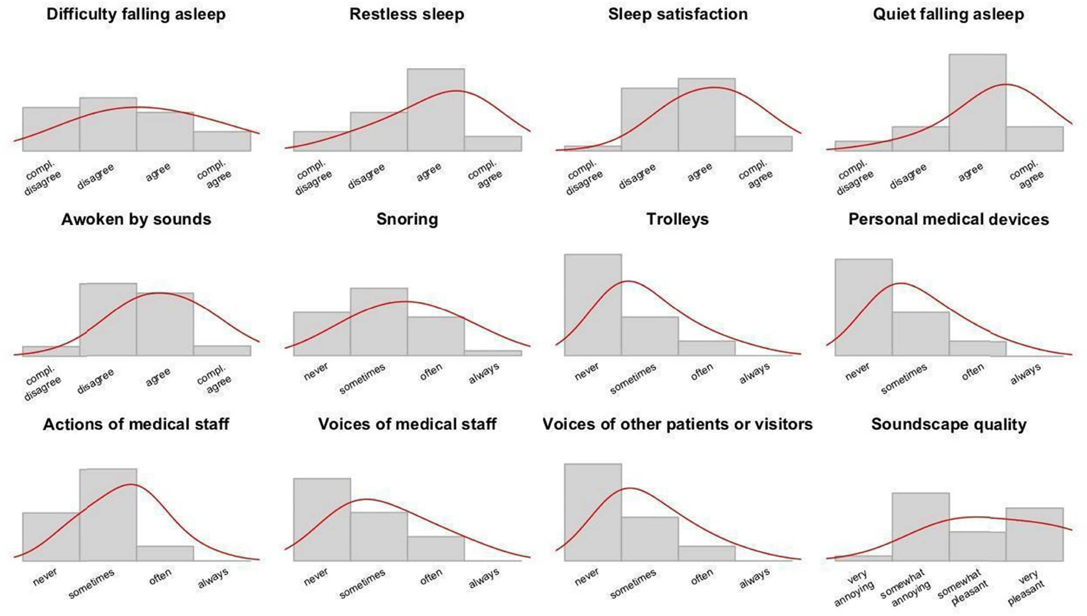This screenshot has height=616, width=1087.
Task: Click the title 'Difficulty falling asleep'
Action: point(136,14)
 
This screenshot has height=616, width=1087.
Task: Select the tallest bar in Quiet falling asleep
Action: point(977,103)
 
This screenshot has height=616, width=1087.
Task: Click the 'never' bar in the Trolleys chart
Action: point(592,304)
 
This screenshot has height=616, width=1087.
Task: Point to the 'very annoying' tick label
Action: point(854,589)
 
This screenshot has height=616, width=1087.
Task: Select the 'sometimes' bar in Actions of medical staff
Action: point(108,514)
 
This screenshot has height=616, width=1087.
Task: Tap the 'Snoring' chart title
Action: point(407,219)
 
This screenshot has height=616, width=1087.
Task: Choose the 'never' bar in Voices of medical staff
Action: point(322,519)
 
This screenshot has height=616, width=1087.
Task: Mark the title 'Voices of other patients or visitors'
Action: point(677,424)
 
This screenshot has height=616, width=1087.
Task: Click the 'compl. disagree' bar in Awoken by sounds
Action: point(51,351)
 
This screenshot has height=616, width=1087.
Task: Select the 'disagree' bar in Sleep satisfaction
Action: point(649,120)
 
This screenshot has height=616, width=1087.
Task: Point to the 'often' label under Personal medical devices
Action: point(972,372)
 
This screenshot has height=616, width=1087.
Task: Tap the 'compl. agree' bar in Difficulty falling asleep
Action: point(222,141)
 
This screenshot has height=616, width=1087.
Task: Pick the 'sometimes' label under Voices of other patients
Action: point(633,583)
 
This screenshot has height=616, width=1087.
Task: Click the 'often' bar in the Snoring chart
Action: point(435,336)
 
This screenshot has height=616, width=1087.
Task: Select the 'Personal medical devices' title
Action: point(948,219)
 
